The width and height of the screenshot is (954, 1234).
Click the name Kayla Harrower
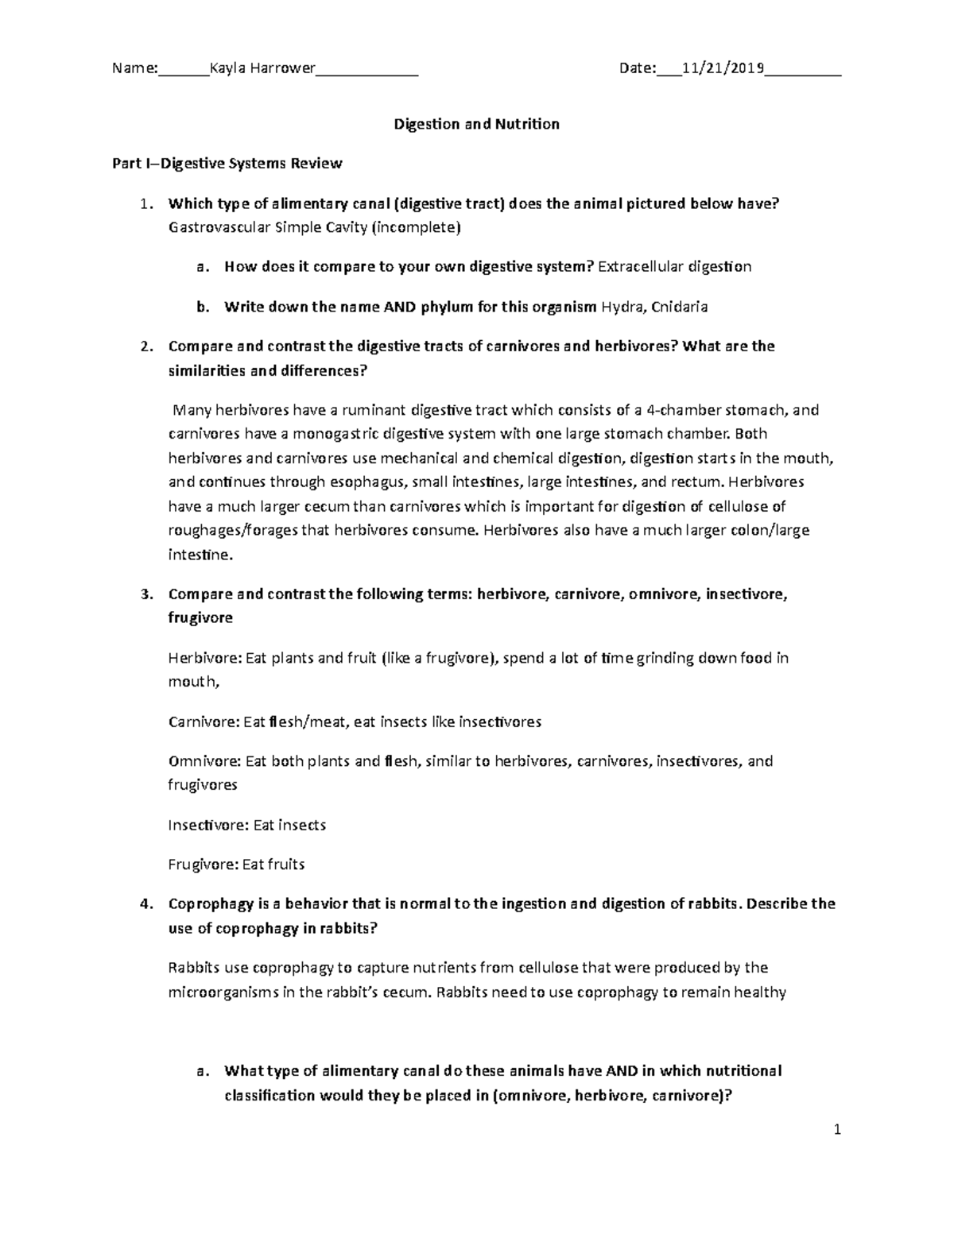tap(262, 68)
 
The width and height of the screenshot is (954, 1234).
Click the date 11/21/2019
tap(723, 68)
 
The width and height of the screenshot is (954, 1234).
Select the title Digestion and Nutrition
tap(477, 124)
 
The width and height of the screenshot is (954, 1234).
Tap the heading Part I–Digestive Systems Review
tap(227, 164)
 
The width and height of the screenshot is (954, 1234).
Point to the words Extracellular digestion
tap(674, 267)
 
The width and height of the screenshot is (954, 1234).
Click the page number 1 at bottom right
tap(837, 1129)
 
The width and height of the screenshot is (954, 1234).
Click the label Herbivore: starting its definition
tap(204, 658)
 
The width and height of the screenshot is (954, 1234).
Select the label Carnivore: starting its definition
tap(204, 722)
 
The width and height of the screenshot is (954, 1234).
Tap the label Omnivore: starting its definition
tap(204, 761)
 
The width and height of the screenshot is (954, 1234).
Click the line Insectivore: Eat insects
tap(247, 826)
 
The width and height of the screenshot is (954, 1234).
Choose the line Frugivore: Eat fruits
tap(237, 865)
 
